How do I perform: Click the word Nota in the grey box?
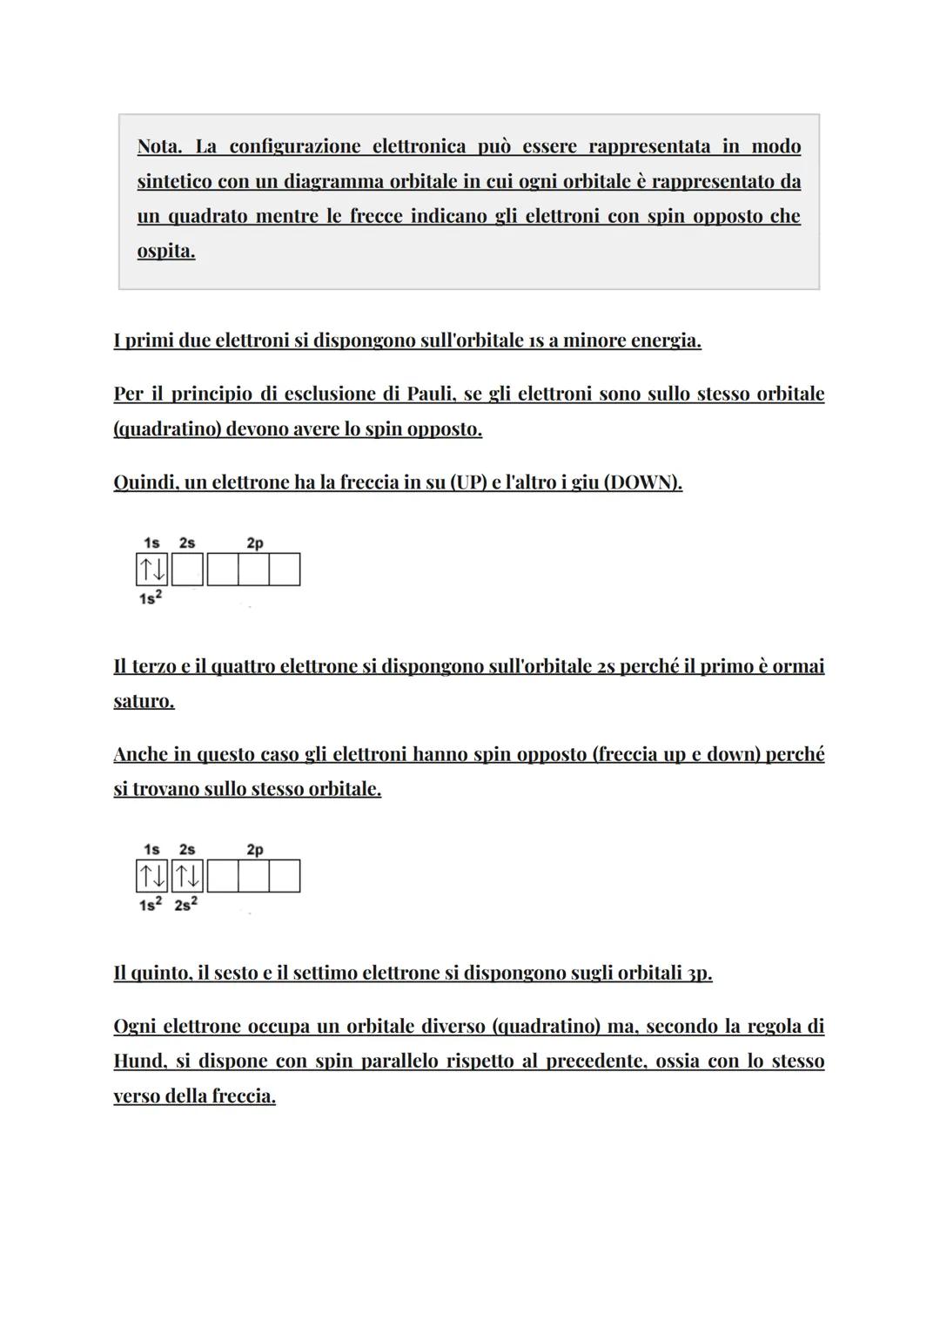(x=160, y=146)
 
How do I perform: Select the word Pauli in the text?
(x=428, y=394)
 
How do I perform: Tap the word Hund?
(x=138, y=1062)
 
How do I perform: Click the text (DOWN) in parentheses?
(x=641, y=482)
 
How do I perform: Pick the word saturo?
(x=144, y=701)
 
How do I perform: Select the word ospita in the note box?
(x=165, y=251)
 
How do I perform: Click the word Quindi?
(x=144, y=482)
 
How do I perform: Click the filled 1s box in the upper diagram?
(x=152, y=570)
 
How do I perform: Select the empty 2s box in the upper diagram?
(x=187, y=570)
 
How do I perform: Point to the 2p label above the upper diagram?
(x=254, y=543)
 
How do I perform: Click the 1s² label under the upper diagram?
(x=151, y=599)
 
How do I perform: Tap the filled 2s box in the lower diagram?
(x=187, y=876)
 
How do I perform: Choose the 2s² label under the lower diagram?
(x=186, y=906)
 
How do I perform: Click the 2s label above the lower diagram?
(x=187, y=850)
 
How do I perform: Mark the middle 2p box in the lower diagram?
(x=253, y=876)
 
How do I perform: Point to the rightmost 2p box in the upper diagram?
(x=285, y=570)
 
